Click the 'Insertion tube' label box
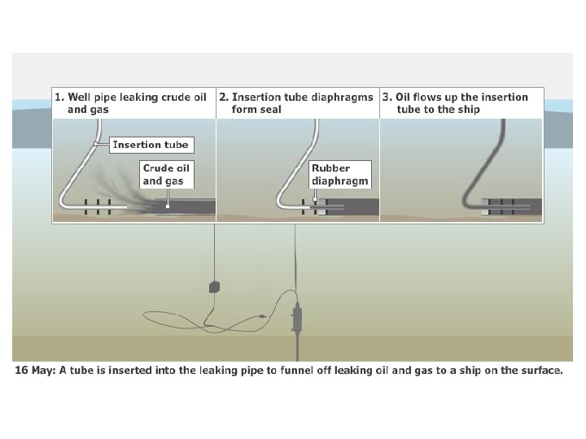point(150,145)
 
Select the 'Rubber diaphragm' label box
point(339,175)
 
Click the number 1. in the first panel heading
point(59,97)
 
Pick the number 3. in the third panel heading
point(387,97)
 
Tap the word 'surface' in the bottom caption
point(540,371)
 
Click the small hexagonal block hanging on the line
point(215,286)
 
